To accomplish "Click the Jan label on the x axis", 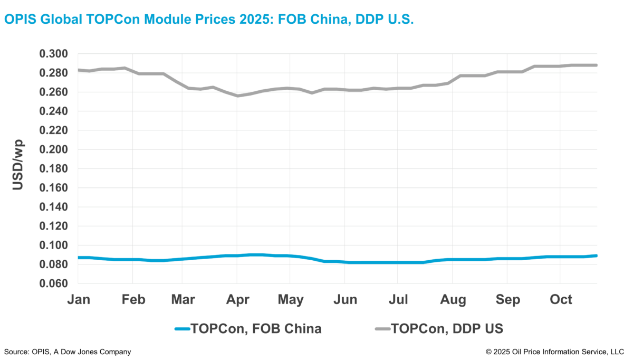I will coord(78,299).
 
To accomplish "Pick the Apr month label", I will coord(238,299).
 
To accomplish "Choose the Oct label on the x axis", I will coord(561,299).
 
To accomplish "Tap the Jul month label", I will coord(398,299).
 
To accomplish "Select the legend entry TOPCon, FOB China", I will coord(256,329).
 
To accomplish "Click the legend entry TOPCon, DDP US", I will coord(447,329).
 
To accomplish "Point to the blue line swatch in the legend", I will coord(182,329).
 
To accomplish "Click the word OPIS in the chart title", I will coord(20,20).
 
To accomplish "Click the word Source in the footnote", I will coord(16,352).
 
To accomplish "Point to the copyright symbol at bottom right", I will coord(489,352).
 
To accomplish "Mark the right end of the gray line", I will coord(597,65).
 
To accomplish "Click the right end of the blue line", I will coord(597,255).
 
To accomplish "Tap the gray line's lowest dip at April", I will coord(237,96).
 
